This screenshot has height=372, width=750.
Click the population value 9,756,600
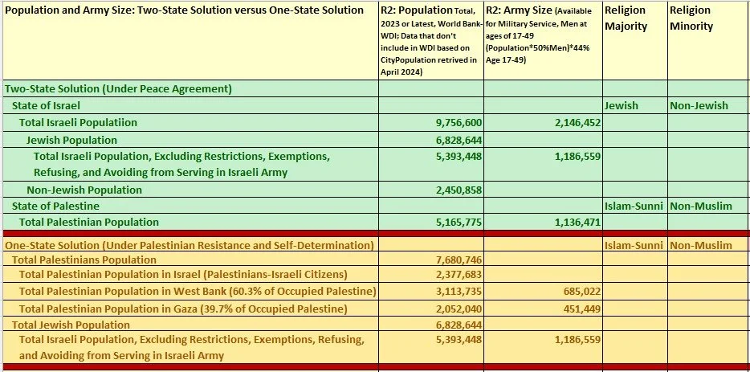pyautogui.click(x=454, y=123)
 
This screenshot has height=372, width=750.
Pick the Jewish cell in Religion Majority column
pyautogui.click(x=622, y=105)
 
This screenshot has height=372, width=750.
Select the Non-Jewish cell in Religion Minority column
pyautogui.click(x=699, y=105)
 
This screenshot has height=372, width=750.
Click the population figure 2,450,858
pyautogui.click(x=454, y=190)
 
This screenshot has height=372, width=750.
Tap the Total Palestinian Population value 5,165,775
pyautogui.click(x=454, y=222)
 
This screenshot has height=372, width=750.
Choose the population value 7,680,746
pyautogui.click(x=454, y=260)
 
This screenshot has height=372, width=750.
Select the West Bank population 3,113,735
pyautogui.click(x=454, y=292)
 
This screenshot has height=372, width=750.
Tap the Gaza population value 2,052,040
pyautogui.click(x=454, y=309)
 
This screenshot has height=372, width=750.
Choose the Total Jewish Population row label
pyautogui.click(x=70, y=325)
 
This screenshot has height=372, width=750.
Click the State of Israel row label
pyautogui.click(x=46, y=105)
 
